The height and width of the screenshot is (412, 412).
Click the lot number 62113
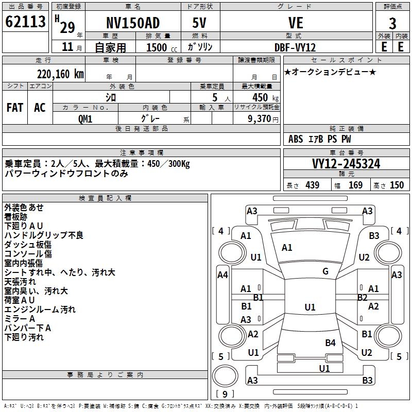pyautogui.click(x=25, y=22)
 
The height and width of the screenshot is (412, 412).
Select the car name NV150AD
pyautogui.click(x=133, y=23)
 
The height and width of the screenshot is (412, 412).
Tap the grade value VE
pyautogui.click(x=296, y=23)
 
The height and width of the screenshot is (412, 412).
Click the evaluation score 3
pyautogui.click(x=392, y=24)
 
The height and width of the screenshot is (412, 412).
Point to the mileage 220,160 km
pyautogui.click(x=60, y=74)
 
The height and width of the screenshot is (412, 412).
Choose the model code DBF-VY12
pyautogui.click(x=295, y=47)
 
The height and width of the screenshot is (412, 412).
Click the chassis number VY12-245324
pyautogui.click(x=346, y=164)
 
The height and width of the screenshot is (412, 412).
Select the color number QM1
pyautogui.click(x=85, y=119)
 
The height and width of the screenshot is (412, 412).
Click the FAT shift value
pyautogui.click(x=15, y=108)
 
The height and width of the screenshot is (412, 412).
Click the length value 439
pyautogui.click(x=313, y=185)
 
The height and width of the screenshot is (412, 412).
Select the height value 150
pyautogui.click(x=397, y=185)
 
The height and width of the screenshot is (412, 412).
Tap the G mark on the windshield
pyautogui.click(x=325, y=271)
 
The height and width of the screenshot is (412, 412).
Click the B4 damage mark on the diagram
pyautogui.click(x=330, y=343)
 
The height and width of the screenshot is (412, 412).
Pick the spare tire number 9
pyautogui.click(x=225, y=394)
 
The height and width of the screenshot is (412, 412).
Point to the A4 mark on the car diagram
pyautogui.click(x=222, y=275)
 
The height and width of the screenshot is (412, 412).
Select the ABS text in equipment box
pyautogui.click(x=296, y=139)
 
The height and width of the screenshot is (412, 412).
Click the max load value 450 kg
pyautogui.click(x=265, y=97)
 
